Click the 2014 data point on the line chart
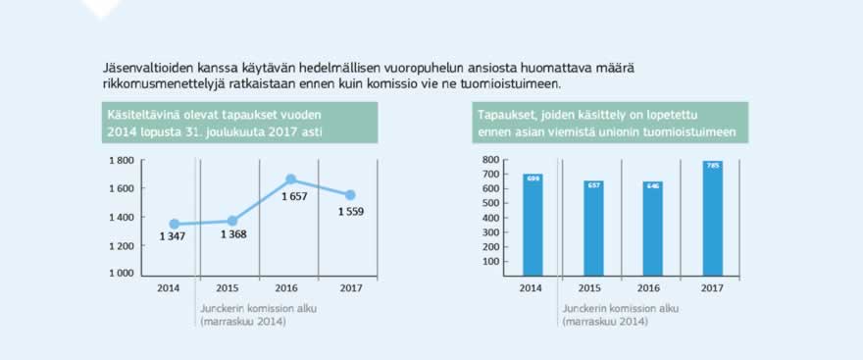tap(175, 225)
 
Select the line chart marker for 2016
tap(291, 180)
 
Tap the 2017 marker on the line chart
tap(350, 194)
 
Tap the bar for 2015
tap(593, 227)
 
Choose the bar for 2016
tap(652, 228)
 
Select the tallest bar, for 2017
tap(713, 218)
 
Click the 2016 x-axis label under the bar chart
tap(652, 287)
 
